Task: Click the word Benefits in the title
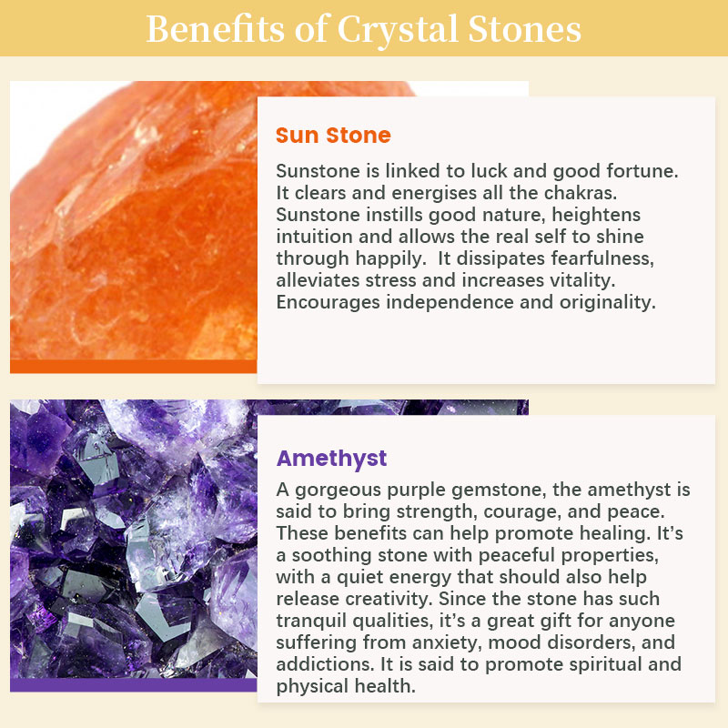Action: (216, 29)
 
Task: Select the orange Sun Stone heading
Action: (333, 135)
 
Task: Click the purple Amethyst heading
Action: (331, 460)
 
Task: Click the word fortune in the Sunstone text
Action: (642, 171)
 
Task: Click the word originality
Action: (608, 302)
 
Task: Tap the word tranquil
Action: (311, 621)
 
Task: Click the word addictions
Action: (325, 664)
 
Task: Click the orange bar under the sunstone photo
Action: (134, 367)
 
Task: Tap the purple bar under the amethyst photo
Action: (134, 685)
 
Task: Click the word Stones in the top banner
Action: (525, 29)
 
